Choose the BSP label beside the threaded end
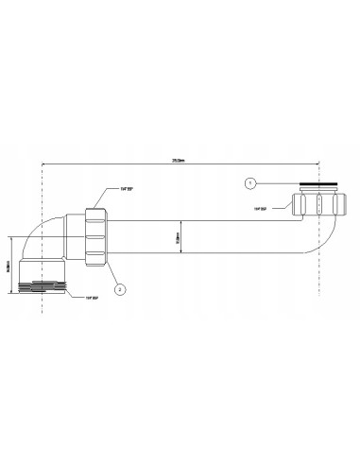pyautogui.click(x=93, y=299)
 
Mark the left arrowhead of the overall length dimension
pyautogui.click(x=46, y=163)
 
